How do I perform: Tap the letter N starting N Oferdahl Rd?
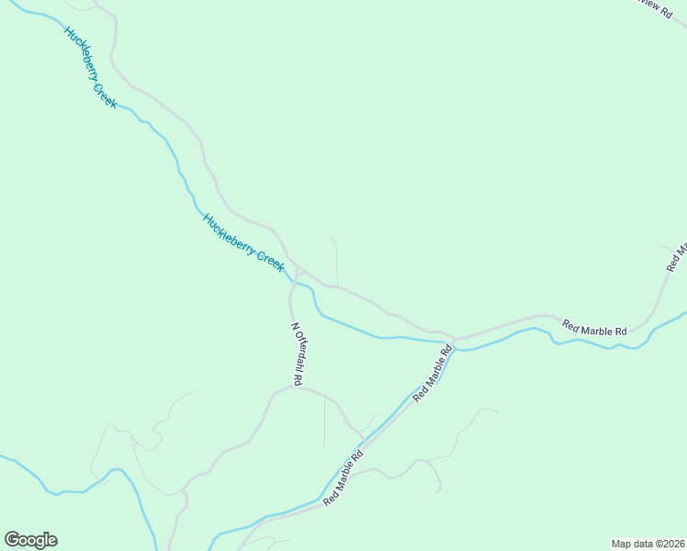pyautogui.click(x=294, y=326)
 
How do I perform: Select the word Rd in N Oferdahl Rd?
pyautogui.click(x=299, y=377)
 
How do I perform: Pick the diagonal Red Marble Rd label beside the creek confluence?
pyautogui.click(x=434, y=372)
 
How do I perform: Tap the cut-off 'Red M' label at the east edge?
pyautogui.click(x=677, y=256)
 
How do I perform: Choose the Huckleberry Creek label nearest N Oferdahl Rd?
pyautogui.click(x=243, y=242)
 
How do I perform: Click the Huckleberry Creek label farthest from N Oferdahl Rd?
pyautogui.click(x=90, y=67)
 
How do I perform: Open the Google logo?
pyautogui.click(x=30, y=540)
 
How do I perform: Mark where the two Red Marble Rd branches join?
pyautogui.click(x=454, y=338)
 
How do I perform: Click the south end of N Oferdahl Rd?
pyautogui.click(x=294, y=387)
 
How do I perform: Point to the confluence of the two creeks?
pyautogui.click(x=456, y=347)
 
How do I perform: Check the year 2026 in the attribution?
pyautogui.click(x=667, y=543)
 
